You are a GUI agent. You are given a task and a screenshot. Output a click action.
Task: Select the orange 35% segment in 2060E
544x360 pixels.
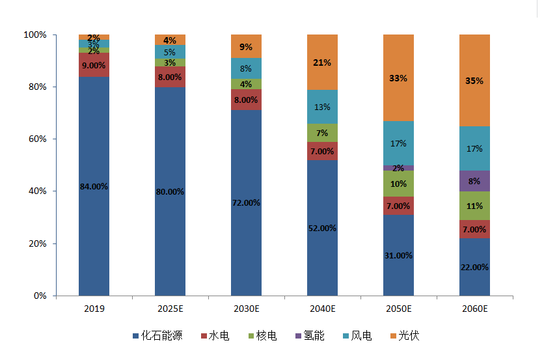click(x=474, y=80)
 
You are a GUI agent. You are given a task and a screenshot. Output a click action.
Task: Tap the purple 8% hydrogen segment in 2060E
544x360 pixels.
click(x=474, y=180)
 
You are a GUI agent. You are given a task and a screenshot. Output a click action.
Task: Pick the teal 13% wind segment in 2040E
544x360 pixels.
click(x=322, y=107)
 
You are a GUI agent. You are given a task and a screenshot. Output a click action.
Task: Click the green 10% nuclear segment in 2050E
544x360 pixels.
click(x=398, y=184)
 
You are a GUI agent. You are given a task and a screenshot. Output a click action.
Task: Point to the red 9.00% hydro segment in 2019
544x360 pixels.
click(x=94, y=65)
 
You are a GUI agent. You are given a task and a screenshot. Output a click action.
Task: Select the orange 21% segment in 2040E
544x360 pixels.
click(x=322, y=62)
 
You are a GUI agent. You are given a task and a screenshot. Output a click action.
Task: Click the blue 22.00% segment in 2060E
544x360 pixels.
click(x=474, y=266)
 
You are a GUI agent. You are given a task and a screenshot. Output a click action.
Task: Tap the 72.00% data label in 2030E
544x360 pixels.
click(x=246, y=202)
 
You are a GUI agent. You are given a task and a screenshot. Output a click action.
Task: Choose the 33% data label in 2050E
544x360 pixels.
click(x=398, y=78)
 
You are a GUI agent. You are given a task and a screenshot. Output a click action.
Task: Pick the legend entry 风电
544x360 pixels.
click(x=361, y=336)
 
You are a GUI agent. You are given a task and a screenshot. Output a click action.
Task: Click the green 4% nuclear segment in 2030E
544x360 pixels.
click(x=246, y=84)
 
